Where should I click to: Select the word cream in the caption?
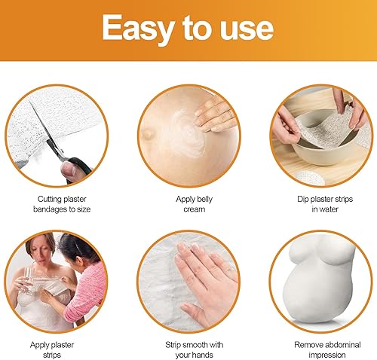click(x=195, y=209)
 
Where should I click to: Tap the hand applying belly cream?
click(x=216, y=115)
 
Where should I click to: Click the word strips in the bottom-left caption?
click(x=52, y=355)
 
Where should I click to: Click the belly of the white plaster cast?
click(x=315, y=295)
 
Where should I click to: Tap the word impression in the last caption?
click(x=327, y=355)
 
